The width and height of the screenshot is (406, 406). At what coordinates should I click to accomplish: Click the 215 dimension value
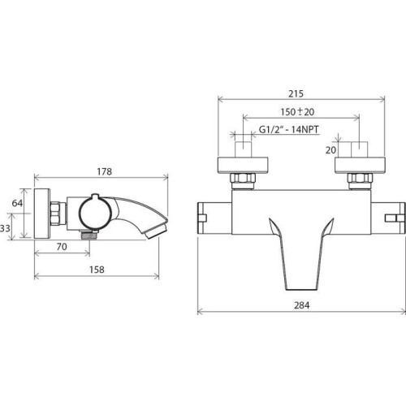(x=296, y=93)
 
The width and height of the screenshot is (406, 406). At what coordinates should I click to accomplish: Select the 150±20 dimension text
(x=297, y=112)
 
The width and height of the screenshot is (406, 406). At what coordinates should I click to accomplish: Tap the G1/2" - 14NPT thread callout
(x=289, y=129)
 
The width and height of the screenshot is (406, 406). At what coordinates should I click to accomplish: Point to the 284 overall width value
(x=302, y=305)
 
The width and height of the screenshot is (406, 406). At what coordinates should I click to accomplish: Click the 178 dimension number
(x=105, y=171)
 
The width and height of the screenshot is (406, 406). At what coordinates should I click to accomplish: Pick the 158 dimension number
(x=97, y=270)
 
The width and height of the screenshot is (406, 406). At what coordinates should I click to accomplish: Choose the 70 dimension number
(x=62, y=247)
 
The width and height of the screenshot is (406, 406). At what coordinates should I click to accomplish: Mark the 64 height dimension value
(x=17, y=203)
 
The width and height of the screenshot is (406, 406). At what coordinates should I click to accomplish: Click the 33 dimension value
(x=5, y=228)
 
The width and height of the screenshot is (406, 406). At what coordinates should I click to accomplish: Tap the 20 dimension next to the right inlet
(x=330, y=150)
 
